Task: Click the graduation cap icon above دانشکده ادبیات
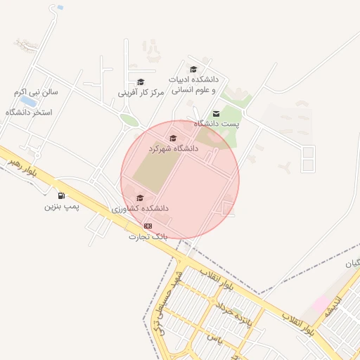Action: coord(193,69)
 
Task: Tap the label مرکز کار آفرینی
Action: coord(141,92)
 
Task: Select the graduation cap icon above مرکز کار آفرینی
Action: coord(141,82)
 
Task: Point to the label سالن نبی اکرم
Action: coord(39,92)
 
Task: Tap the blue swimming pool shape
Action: coord(28,101)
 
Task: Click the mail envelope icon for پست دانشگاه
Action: coord(216,113)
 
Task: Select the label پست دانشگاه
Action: coord(217,124)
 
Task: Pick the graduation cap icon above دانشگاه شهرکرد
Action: coord(173,138)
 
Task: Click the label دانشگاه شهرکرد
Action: coord(173,149)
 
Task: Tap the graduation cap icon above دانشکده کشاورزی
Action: coord(139,198)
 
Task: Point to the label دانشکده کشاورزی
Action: coord(140,210)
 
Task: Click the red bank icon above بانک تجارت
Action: coord(148,226)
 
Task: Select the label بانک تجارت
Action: coord(148,237)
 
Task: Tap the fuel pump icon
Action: coord(62,195)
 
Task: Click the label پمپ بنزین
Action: coord(63,207)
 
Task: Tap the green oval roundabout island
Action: coord(129,120)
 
